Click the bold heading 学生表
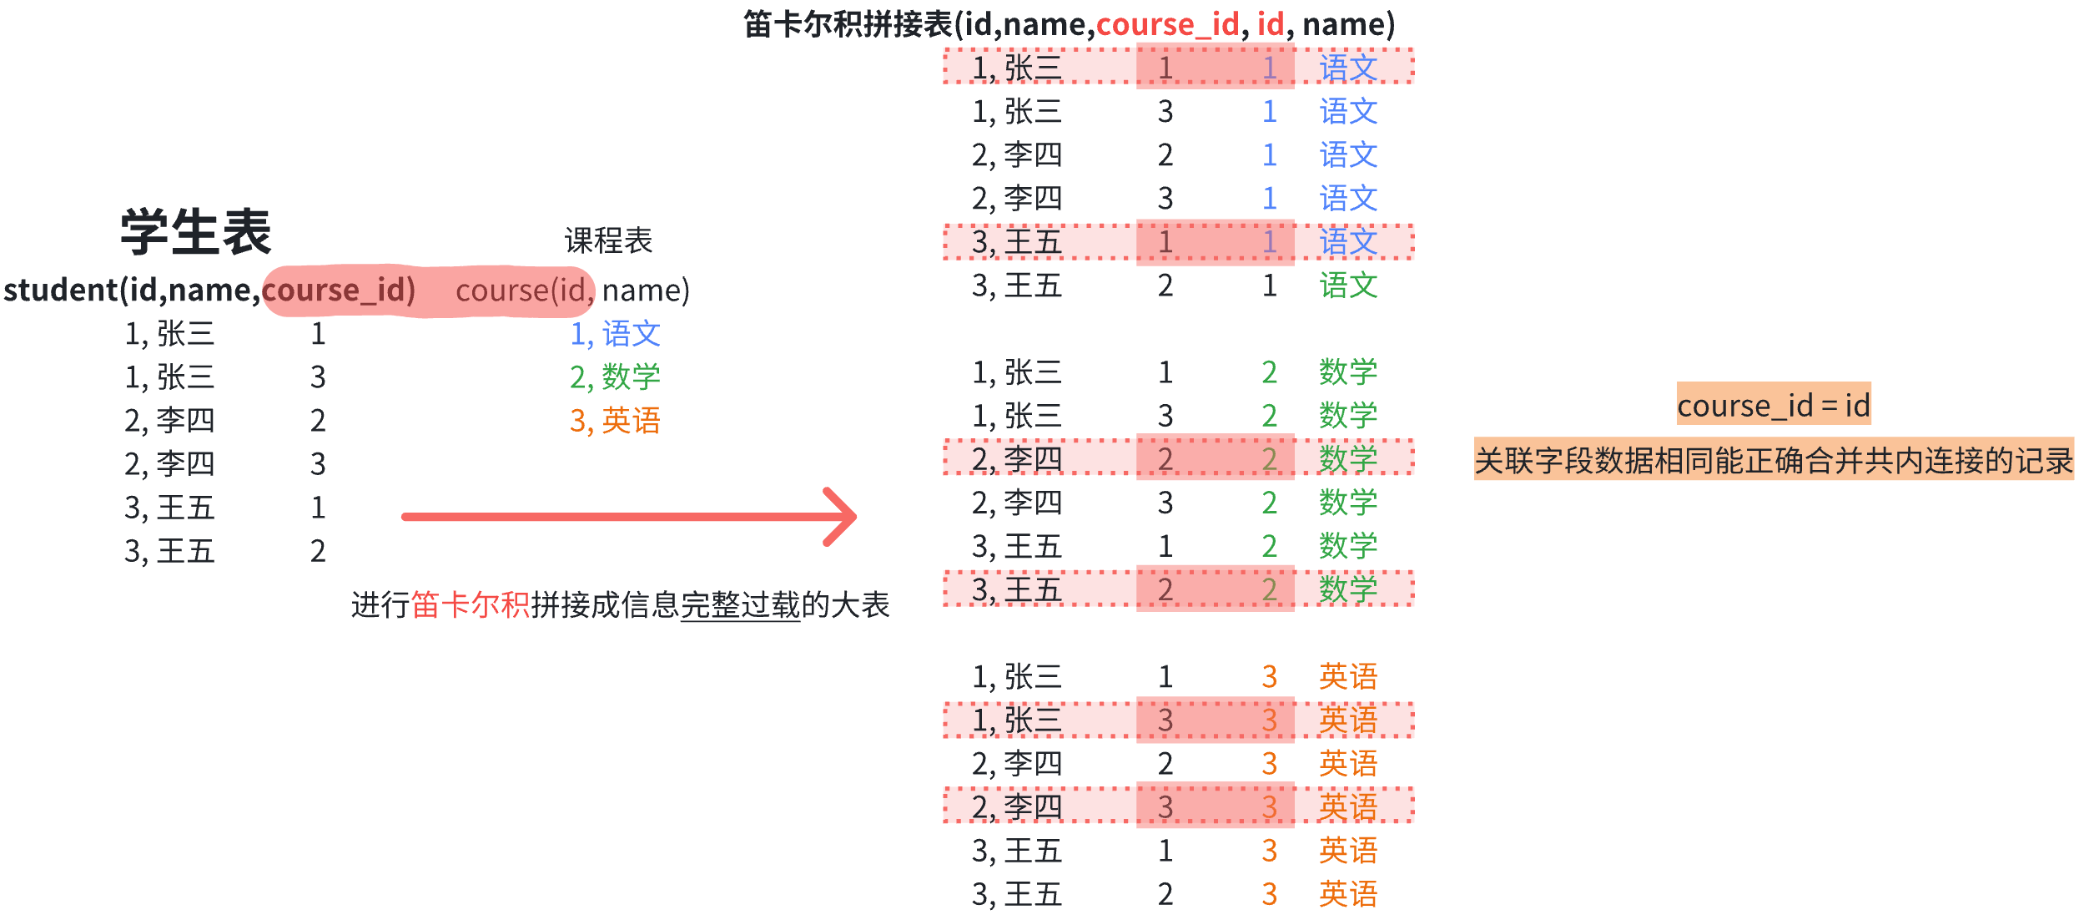coord(196,231)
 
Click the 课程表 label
coord(608,240)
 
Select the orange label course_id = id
coord(1774,405)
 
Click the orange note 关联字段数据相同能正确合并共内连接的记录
coord(1774,460)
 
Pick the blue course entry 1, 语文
coord(615,334)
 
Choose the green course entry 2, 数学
coord(615,377)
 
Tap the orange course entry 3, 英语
coord(615,421)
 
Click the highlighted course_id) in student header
coord(339,290)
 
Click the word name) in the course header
coord(646,290)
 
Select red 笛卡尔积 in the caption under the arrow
coord(471,604)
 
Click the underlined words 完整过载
coord(740,604)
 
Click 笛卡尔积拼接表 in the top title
coord(848,24)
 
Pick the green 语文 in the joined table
coord(1348,286)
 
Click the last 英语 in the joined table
coord(1348,894)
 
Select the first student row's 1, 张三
coord(169,334)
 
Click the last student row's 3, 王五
coord(169,551)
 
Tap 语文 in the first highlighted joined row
coord(1348,68)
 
